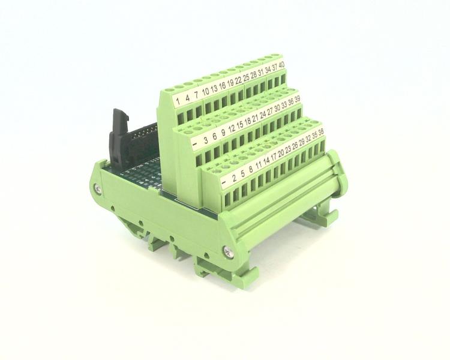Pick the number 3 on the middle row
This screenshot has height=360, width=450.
206,141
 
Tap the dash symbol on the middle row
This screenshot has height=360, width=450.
196,145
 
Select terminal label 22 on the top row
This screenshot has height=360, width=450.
238,79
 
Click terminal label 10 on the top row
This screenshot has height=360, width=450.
205,91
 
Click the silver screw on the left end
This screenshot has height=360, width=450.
97,190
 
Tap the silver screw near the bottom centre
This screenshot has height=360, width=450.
227,252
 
